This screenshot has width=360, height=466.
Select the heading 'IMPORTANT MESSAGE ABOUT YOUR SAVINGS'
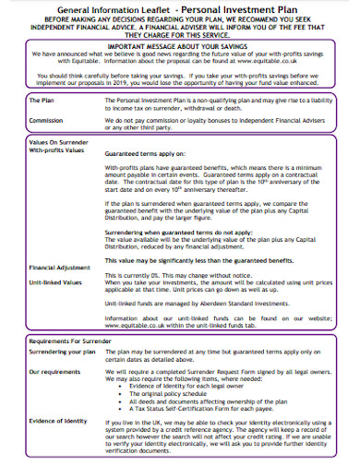coord(180,44)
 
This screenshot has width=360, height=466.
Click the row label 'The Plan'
coord(42,99)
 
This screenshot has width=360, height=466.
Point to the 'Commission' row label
coord(47,119)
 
